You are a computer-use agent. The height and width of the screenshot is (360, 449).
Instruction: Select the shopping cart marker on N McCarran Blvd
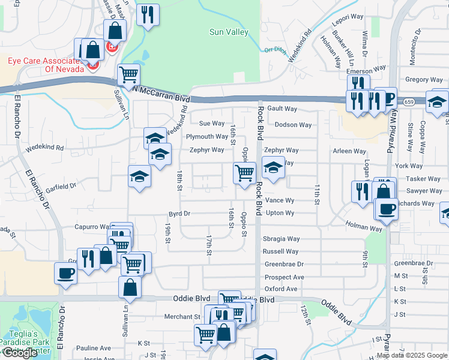(x=128, y=74)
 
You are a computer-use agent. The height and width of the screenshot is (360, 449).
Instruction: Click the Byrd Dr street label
(x=179, y=214)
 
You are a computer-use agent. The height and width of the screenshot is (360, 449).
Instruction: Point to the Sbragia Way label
(x=281, y=239)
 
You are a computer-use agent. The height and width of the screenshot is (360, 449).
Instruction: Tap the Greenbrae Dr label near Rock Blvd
(x=285, y=264)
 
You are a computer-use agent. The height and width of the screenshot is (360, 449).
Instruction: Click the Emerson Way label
(x=366, y=70)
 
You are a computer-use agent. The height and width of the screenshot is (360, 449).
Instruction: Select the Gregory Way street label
(x=424, y=80)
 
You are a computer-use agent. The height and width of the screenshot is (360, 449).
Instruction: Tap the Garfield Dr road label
(x=61, y=187)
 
